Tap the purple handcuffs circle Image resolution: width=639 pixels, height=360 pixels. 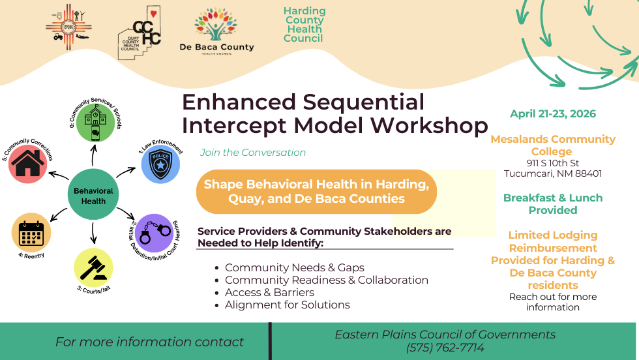tap(155, 233)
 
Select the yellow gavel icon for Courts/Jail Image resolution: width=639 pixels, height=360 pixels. tap(93, 268)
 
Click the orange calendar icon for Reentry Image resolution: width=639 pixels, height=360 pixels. tap(31, 232)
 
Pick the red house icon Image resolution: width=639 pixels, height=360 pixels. tap(27, 164)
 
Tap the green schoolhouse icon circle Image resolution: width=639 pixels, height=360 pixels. tap(96, 122)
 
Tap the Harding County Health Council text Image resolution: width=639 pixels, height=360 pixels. tap(304, 25)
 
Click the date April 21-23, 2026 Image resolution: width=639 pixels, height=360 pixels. tap(553, 114)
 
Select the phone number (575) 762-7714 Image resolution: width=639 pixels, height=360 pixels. tap(445, 348)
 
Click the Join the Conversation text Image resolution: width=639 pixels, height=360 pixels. tap(253, 153)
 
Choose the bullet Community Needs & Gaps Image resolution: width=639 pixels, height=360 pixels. tap(294, 267)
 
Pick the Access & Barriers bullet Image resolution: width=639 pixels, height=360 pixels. tap(269, 292)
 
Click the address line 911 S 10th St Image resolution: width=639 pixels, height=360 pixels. tap(553, 163)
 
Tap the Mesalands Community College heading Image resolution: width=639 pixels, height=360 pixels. tap(553, 145)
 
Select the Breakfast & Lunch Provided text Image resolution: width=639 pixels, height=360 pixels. tap(553, 203)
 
